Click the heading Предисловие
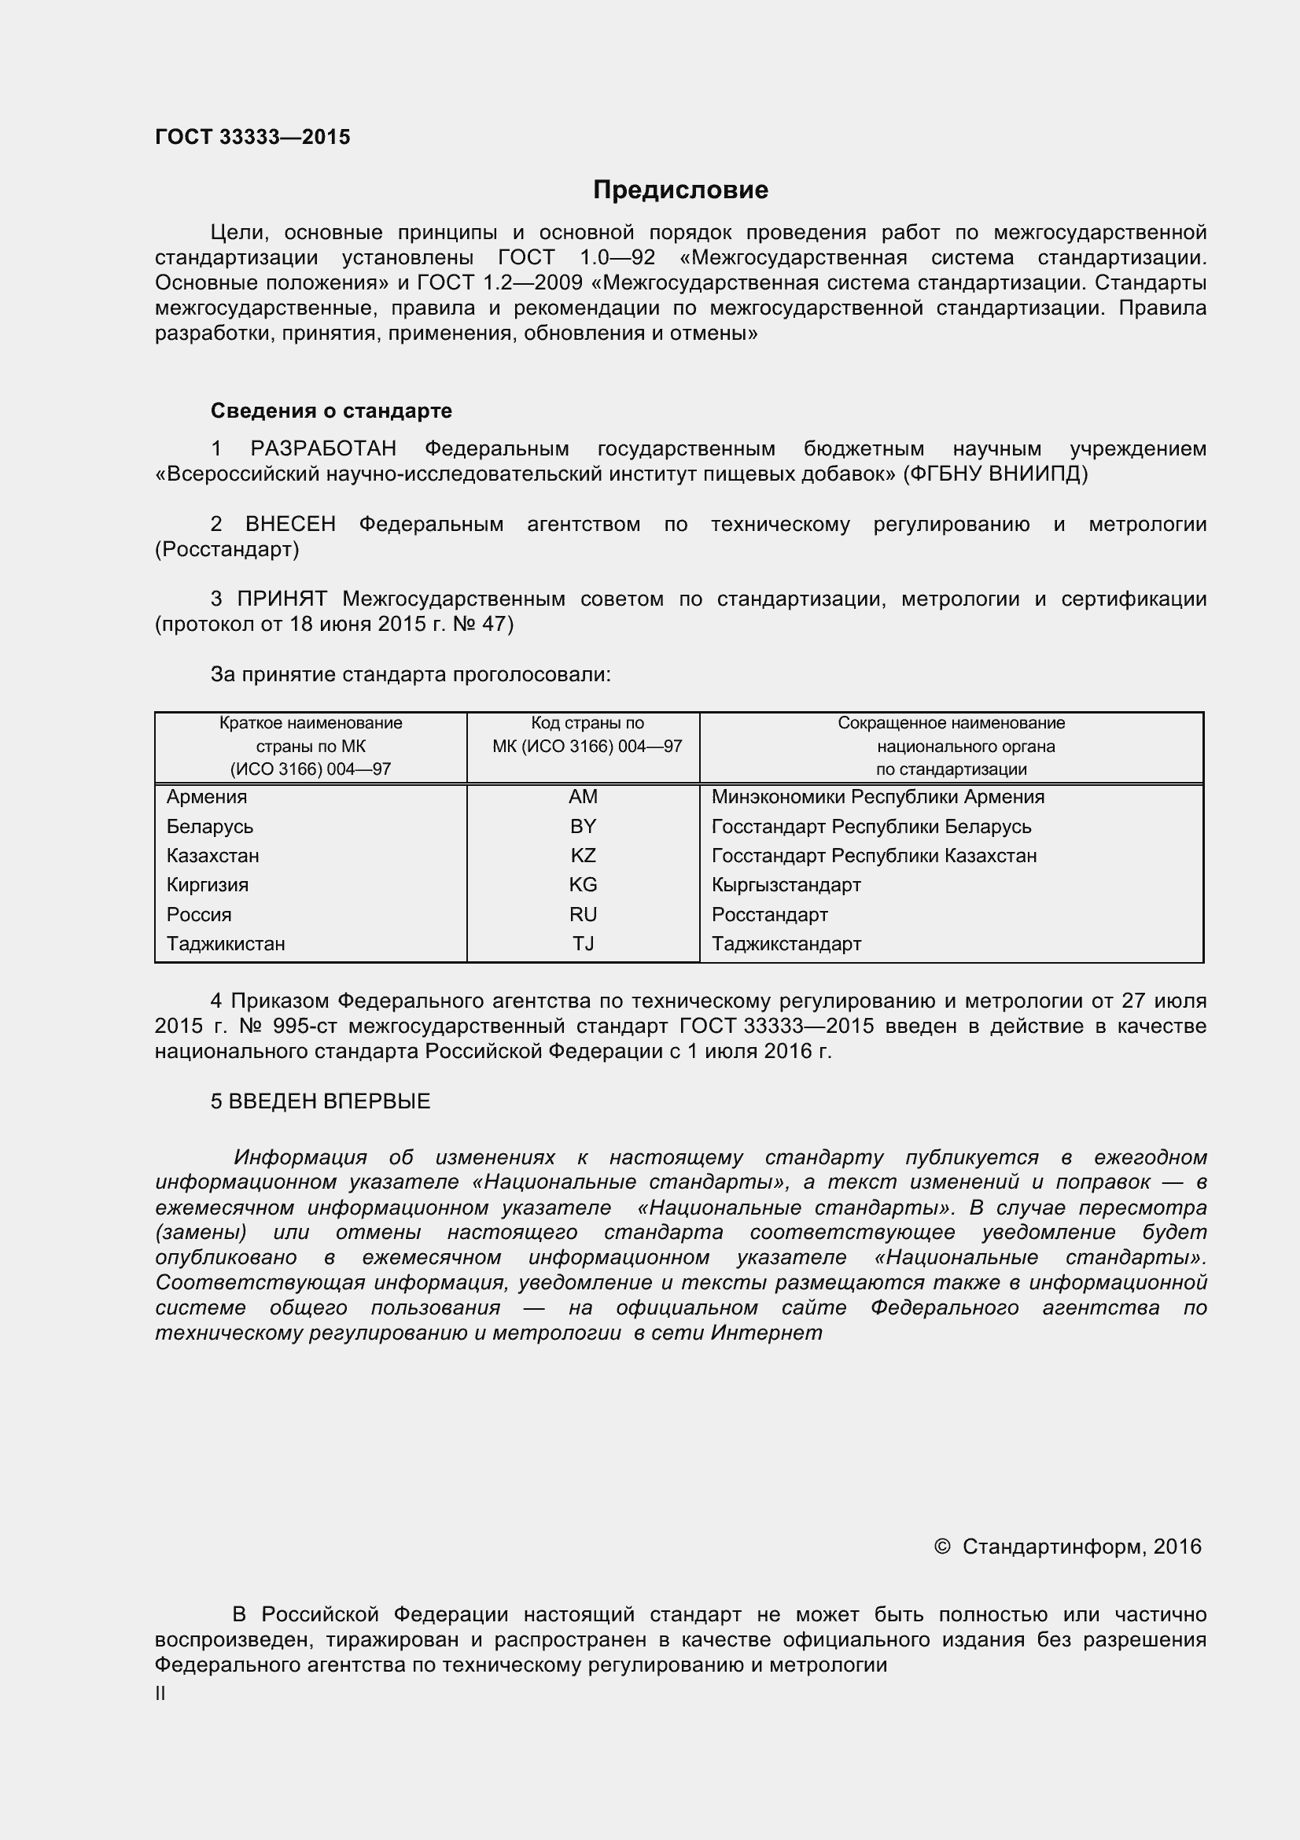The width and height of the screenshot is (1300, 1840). (680, 190)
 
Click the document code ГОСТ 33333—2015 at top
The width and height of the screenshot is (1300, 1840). (252, 137)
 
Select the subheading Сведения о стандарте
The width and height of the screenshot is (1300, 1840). (331, 411)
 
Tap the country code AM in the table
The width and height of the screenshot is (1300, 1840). (583, 797)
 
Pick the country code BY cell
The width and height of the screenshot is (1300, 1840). (583, 826)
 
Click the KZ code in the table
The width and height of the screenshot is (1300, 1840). (583, 855)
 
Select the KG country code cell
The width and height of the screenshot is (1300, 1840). (583, 885)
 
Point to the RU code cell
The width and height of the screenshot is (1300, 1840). (583, 914)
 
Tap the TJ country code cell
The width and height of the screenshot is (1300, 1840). (583, 943)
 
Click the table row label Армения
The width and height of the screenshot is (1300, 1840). (207, 797)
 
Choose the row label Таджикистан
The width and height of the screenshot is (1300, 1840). (226, 943)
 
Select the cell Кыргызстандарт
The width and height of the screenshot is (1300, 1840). (786, 885)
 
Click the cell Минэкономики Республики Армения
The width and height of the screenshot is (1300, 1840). (878, 797)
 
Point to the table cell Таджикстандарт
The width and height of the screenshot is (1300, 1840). (786, 943)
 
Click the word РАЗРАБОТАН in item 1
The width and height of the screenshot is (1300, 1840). (322, 448)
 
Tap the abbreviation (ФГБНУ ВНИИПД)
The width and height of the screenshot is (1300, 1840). (995, 474)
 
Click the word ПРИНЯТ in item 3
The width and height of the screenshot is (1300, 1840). (282, 599)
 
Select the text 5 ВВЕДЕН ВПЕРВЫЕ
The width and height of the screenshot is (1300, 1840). (320, 1101)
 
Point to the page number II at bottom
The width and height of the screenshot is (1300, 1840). (160, 1694)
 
